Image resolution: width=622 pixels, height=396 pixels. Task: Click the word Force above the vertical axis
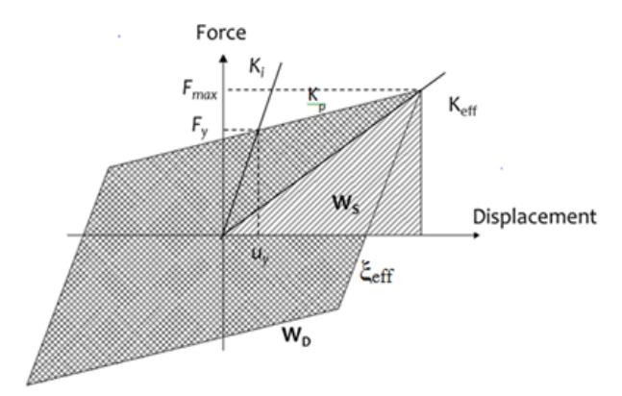[221, 32]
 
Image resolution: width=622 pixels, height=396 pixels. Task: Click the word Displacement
[535, 217]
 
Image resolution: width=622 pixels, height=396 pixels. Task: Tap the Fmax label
[200, 89]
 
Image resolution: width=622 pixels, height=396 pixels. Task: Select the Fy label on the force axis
[200, 127]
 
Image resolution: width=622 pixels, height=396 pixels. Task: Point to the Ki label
[257, 66]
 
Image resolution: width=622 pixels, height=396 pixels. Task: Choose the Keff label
[462, 107]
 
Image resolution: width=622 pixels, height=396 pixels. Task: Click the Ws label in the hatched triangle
[346, 204]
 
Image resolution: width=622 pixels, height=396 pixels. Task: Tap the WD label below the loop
[296, 336]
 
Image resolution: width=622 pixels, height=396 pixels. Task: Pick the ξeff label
[377, 273]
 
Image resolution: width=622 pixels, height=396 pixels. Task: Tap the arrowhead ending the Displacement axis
[475, 235]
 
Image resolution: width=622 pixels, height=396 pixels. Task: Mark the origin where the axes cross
[223, 235]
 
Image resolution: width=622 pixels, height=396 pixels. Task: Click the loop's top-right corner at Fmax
[420, 91]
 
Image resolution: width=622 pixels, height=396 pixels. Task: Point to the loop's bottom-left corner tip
[27, 384]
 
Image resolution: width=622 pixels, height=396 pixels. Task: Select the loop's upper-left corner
[110, 166]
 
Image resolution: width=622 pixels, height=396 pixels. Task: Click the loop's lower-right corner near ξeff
[338, 309]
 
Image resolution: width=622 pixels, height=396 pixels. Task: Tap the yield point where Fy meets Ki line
[258, 130]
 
